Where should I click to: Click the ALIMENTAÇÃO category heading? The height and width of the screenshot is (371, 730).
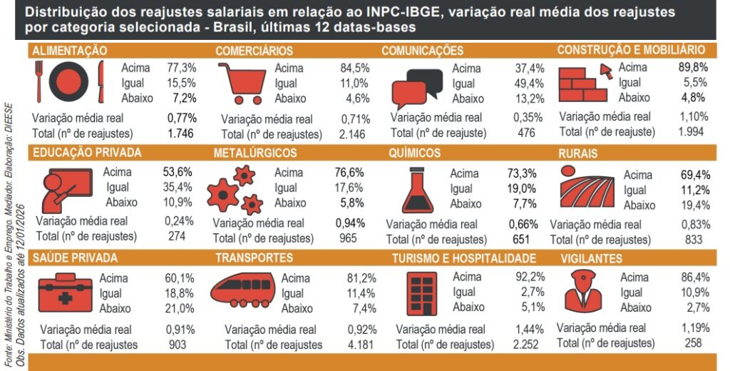70,51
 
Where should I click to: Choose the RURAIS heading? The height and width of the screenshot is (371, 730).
578,153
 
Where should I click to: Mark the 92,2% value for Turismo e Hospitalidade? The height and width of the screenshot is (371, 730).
530,277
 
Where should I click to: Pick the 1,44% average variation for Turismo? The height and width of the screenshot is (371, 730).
530,329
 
